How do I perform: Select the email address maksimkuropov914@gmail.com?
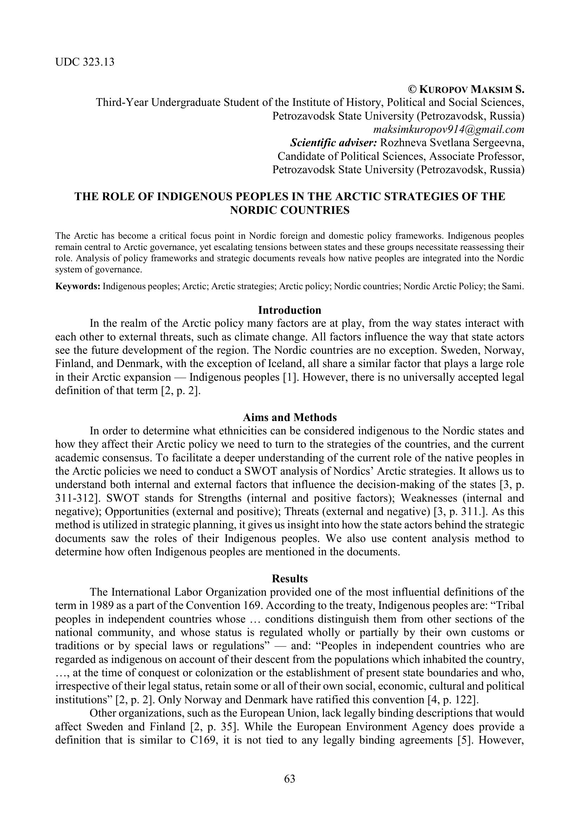pyautogui.click(x=448, y=129)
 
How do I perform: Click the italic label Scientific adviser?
pyautogui.click(x=333, y=143)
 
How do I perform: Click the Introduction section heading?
pyautogui.click(x=290, y=310)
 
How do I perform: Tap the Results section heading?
pyautogui.click(x=290, y=578)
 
